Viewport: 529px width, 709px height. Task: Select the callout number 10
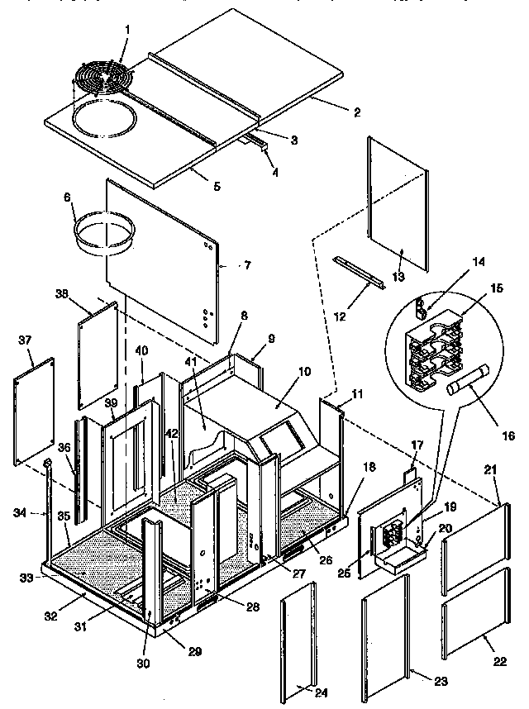pyautogui.click(x=305, y=373)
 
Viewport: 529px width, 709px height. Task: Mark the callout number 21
pyautogui.click(x=489, y=470)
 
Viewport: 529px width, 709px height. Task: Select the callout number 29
pyautogui.click(x=193, y=652)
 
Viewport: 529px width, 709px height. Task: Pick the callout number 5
pyautogui.click(x=216, y=187)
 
